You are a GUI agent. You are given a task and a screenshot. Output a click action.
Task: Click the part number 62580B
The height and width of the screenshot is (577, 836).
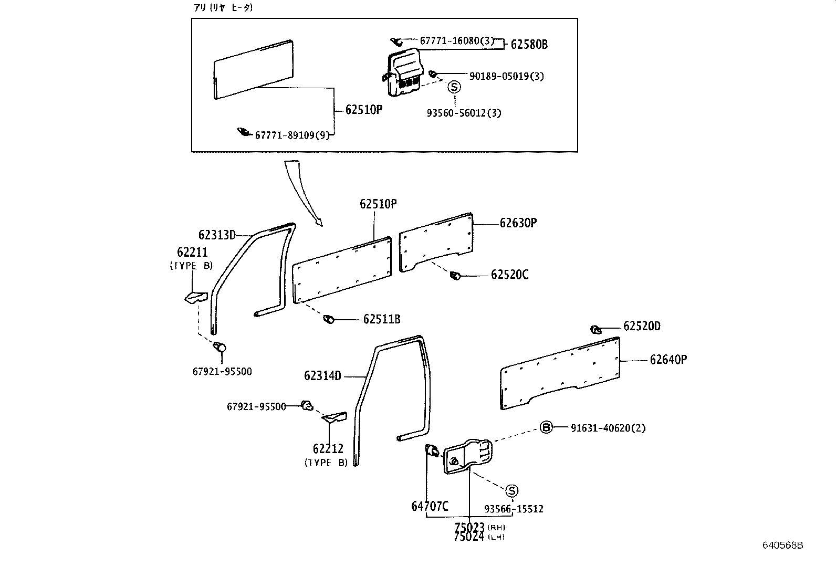click(529, 45)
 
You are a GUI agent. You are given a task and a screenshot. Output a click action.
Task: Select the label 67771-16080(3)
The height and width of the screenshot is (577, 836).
click(456, 40)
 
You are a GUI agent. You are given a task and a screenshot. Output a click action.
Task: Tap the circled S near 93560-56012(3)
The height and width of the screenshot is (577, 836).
click(454, 88)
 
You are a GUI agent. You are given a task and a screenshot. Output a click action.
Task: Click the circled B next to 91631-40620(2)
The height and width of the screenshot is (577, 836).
click(546, 427)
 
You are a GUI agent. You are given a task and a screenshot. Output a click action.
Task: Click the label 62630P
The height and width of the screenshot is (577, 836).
click(518, 223)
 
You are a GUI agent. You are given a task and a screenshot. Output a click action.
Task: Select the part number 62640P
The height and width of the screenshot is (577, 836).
click(668, 360)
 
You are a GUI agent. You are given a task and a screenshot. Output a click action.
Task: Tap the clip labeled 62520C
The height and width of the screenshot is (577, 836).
click(456, 275)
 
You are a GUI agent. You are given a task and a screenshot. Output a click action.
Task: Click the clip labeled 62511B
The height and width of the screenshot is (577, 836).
click(329, 319)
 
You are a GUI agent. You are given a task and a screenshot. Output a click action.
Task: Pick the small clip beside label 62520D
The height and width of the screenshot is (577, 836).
click(595, 329)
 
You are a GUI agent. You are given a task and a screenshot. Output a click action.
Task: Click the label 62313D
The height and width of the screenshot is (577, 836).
click(217, 235)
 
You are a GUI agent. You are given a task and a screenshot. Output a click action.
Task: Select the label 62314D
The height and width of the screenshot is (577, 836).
click(322, 376)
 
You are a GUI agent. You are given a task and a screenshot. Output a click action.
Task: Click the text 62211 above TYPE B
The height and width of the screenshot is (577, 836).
click(192, 253)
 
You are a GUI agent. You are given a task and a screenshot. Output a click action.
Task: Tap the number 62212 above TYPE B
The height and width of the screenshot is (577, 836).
click(328, 449)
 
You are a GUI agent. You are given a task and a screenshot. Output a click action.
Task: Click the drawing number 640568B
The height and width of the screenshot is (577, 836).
click(782, 545)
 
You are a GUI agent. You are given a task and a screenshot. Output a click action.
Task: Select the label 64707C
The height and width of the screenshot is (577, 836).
click(430, 507)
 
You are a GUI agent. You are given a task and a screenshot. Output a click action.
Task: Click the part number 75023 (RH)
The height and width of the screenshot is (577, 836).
click(470, 527)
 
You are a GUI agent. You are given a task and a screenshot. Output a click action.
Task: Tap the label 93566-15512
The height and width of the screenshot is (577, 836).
click(514, 509)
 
